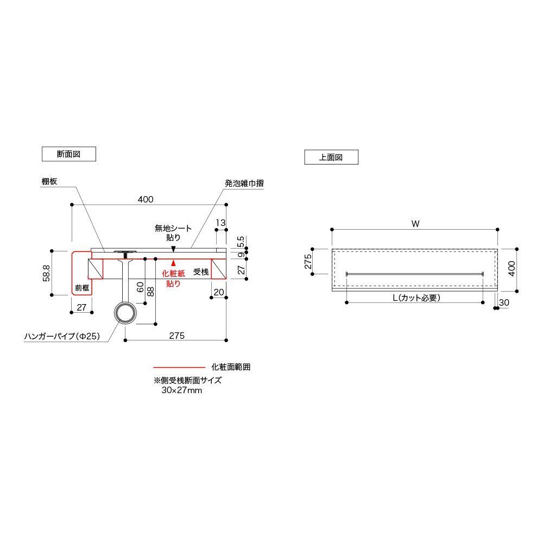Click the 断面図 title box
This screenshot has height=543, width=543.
point(68,154)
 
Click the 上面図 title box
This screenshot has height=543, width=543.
point(331,157)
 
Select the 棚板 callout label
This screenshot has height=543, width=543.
point(49,181)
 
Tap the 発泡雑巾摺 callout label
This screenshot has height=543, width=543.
point(244,183)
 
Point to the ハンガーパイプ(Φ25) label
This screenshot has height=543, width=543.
point(62,336)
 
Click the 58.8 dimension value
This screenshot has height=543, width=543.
point(46,273)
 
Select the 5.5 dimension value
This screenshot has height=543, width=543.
point(241,241)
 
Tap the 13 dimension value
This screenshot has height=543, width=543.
point(220,223)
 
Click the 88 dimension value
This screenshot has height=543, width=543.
point(150,291)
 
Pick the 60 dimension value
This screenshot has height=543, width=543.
point(140,287)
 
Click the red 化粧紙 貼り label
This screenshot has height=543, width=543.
point(174,279)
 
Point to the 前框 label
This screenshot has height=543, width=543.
point(82,288)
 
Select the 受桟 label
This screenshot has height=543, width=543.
point(201,272)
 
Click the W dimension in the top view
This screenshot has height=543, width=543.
point(415,224)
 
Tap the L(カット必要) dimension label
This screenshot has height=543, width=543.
point(416,298)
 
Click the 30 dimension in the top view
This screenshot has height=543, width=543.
point(504,302)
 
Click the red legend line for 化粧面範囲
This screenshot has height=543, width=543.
point(179,367)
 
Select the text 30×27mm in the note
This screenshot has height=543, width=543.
point(182,390)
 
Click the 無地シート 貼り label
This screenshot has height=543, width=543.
point(173,233)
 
